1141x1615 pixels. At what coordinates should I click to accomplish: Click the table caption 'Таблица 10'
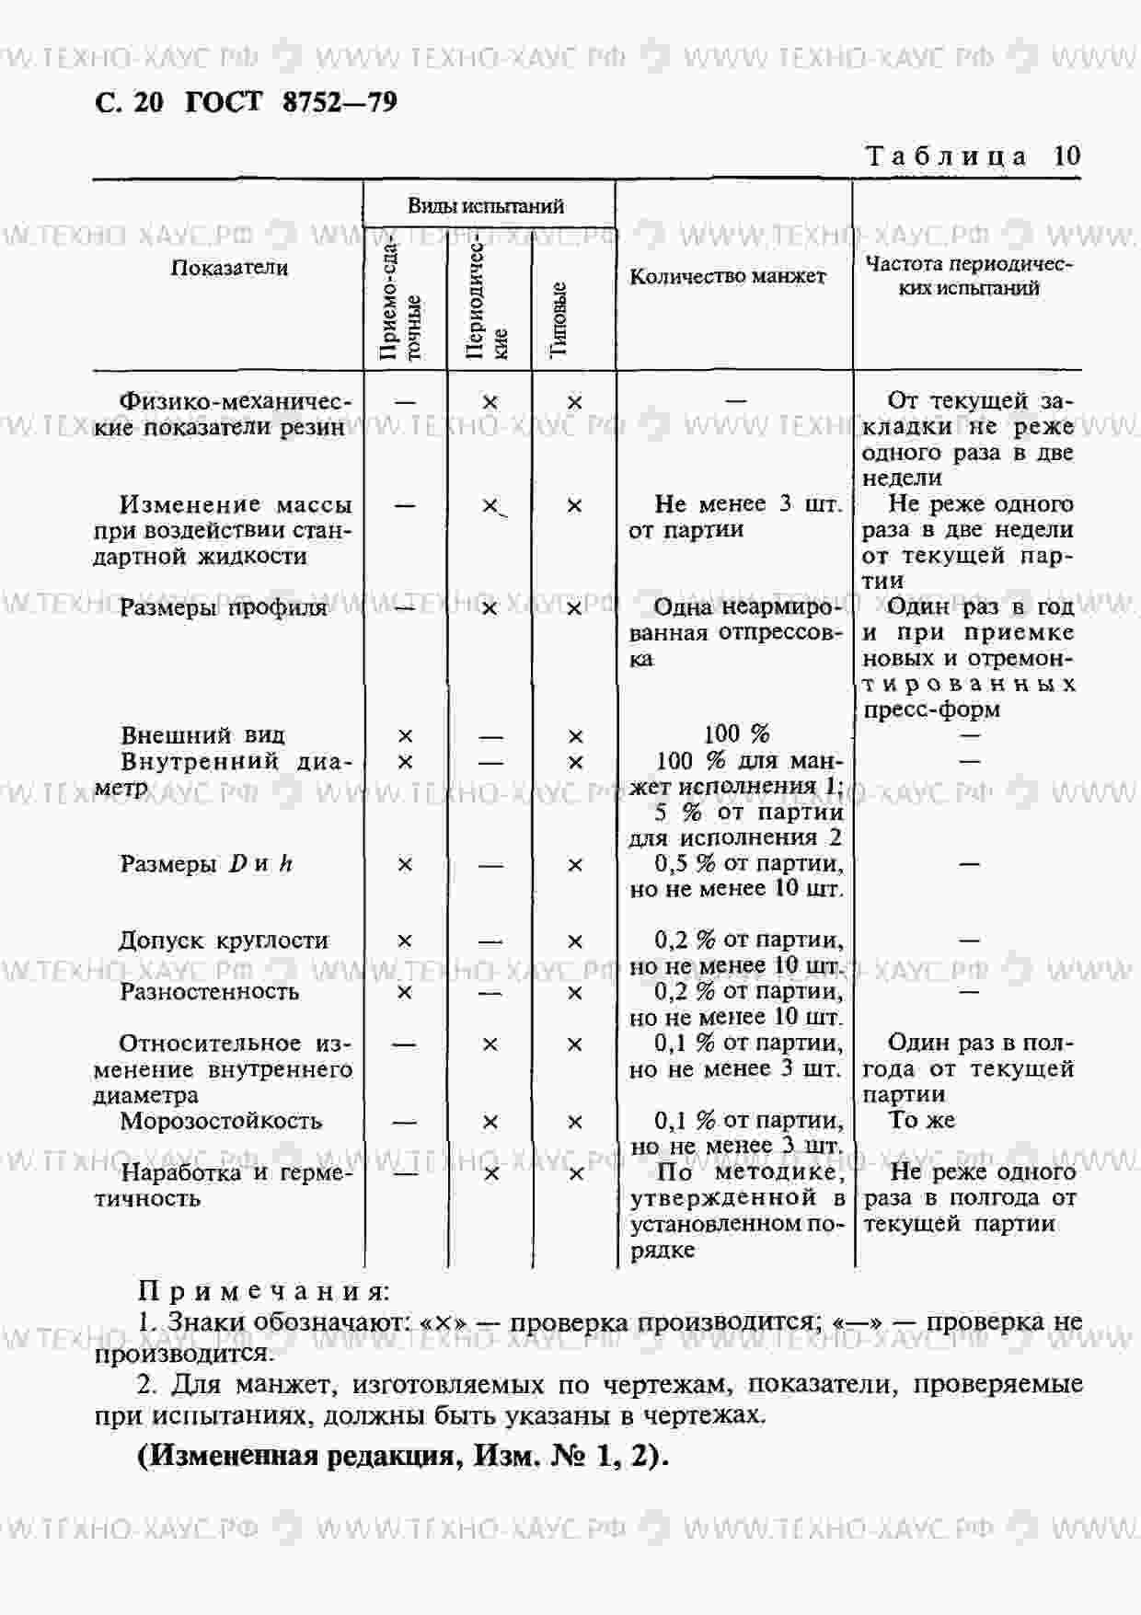coord(974,156)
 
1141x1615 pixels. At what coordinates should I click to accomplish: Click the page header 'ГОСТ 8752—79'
coord(292,101)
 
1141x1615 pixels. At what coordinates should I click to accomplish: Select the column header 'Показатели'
coord(229,269)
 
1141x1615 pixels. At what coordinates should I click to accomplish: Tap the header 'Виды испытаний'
coord(486,206)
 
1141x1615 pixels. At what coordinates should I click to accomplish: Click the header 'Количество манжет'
coord(728,276)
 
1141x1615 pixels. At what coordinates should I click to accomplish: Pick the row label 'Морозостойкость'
coord(221,1121)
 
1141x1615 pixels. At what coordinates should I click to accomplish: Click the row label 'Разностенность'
coord(210,992)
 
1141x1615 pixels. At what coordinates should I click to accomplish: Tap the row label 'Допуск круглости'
coord(224,940)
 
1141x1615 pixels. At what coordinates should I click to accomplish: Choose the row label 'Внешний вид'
coord(202,735)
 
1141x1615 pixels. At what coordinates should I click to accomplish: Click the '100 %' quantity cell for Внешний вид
coord(736,734)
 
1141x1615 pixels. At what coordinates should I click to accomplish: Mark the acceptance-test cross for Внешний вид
coord(405,736)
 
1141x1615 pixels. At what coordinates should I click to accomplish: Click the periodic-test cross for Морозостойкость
coord(490,1122)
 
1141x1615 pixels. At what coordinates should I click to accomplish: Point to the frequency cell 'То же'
coord(922,1120)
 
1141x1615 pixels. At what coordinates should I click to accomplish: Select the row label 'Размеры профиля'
coord(223,608)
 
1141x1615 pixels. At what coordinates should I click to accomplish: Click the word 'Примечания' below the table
coord(263,1292)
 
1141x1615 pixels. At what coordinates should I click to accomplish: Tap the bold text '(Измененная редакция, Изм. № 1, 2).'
coord(403,1456)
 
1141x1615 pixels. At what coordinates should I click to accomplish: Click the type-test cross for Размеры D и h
coord(575,865)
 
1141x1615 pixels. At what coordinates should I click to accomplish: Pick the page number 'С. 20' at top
coord(129,101)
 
